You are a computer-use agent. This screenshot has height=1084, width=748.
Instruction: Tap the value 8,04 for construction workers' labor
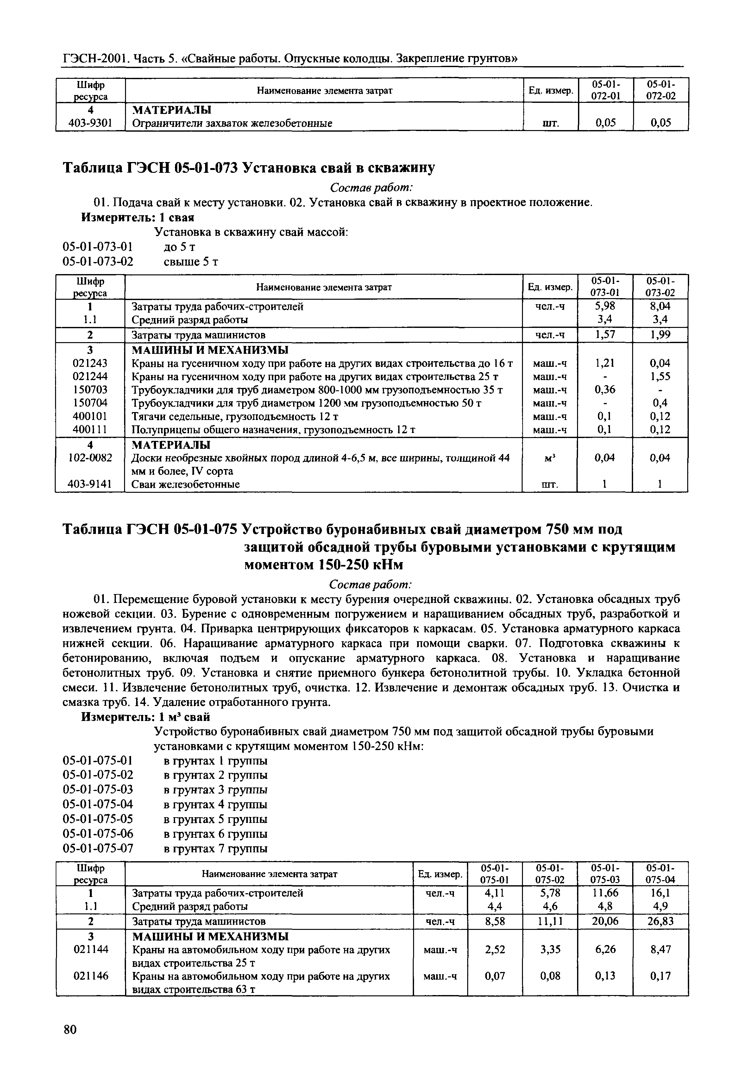(x=660, y=306)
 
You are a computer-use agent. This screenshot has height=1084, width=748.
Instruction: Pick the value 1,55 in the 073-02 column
(x=660, y=376)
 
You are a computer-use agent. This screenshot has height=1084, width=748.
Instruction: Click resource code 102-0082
(x=90, y=458)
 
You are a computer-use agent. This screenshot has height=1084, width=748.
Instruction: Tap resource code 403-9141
(x=90, y=484)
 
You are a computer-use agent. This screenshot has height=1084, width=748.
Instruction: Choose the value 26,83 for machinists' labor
(x=660, y=921)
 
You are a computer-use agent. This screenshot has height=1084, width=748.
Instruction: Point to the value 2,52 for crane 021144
(x=495, y=949)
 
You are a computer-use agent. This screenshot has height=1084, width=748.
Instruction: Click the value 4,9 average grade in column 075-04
(x=660, y=906)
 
